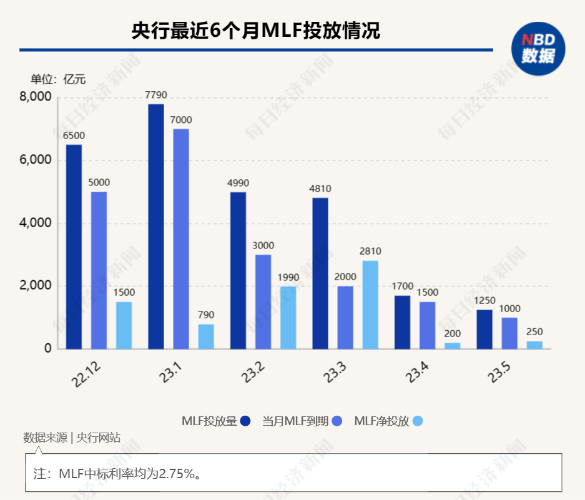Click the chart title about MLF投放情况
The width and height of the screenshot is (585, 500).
pos(256,31)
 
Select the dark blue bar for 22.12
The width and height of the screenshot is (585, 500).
pos(74,247)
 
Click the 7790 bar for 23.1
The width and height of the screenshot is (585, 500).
pos(156,227)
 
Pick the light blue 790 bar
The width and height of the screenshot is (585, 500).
pos(206,336)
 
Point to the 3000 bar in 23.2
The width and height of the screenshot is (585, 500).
pos(263,301)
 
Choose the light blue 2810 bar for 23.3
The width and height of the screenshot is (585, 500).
pos(370,305)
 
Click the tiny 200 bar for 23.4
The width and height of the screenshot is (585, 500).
pos(452,346)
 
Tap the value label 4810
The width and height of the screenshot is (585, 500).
pos(320,189)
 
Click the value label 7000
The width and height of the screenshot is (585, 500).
pos(181,120)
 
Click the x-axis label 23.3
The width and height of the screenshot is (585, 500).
pos(335,374)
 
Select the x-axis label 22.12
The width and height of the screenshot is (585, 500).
pos(87,375)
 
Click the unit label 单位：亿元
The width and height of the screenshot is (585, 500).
pos(58,79)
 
